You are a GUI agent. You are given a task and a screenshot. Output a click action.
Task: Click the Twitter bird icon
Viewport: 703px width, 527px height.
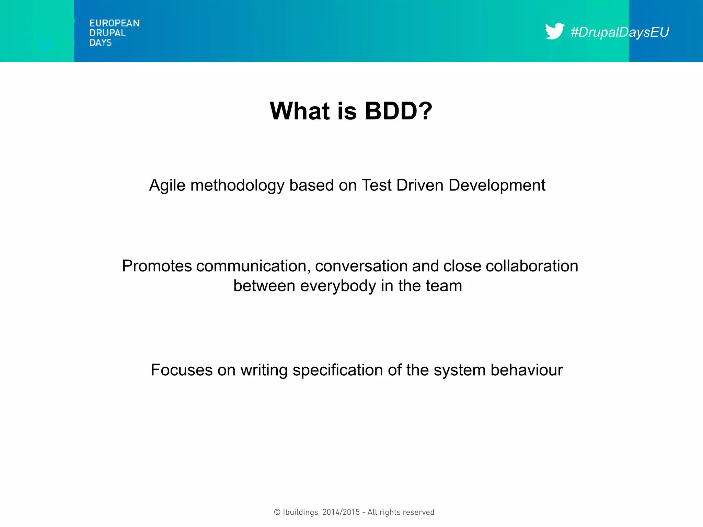(x=554, y=31)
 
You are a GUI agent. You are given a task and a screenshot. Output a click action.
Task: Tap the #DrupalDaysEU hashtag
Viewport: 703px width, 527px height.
(x=620, y=32)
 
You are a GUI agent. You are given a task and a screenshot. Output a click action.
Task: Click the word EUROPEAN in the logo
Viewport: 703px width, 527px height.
(x=114, y=23)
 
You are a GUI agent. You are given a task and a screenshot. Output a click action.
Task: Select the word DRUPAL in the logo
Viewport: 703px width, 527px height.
(x=107, y=33)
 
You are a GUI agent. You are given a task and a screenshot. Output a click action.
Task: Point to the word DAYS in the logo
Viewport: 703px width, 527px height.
(x=100, y=43)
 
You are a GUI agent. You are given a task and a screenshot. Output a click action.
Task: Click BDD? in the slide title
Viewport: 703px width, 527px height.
(x=398, y=111)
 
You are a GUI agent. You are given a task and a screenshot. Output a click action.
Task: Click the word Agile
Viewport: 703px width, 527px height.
(x=167, y=186)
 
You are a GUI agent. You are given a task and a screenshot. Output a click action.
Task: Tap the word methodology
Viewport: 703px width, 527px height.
(x=237, y=186)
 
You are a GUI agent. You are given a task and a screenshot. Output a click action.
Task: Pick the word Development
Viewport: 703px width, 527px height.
(x=497, y=186)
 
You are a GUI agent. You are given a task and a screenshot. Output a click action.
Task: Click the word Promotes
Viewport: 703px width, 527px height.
(x=157, y=266)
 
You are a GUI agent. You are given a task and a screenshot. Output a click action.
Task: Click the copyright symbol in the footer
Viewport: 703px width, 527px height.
(x=277, y=512)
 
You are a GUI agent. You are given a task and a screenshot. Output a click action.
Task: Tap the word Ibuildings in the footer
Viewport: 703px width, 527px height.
(x=300, y=512)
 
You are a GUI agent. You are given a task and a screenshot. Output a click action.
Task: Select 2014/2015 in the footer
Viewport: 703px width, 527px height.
(x=341, y=512)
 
